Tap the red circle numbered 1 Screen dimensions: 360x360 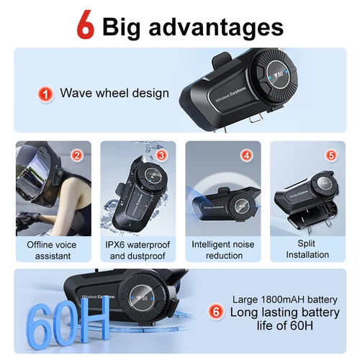pyautogui.click(x=45, y=93)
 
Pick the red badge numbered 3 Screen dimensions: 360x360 pyautogui.click(x=161, y=155)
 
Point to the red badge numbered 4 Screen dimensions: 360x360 pyautogui.click(x=246, y=155)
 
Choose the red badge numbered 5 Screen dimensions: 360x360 pyautogui.click(x=330, y=155)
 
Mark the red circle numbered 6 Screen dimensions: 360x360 pyautogui.click(x=215, y=312)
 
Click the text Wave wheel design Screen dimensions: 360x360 pyautogui.click(x=114, y=93)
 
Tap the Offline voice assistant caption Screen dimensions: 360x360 pyautogui.click(x=53, y=250)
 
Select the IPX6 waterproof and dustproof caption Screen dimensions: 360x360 pyautogui.click(x=138, y=250)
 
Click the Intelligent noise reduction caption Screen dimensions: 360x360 pyautogui.click(x=222, y=250)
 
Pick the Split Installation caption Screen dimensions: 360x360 pyautogui.click(x=307, y=250)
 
